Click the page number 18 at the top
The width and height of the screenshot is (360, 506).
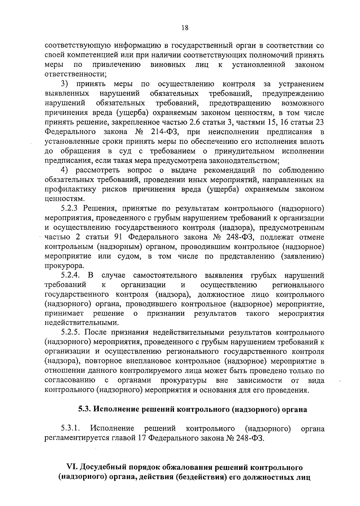pos(185,28)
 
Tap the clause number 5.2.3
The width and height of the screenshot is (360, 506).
pos(70,208)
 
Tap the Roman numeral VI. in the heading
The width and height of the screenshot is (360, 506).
pos(73,467)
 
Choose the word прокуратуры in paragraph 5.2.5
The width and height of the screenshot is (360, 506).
pos(183,381)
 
